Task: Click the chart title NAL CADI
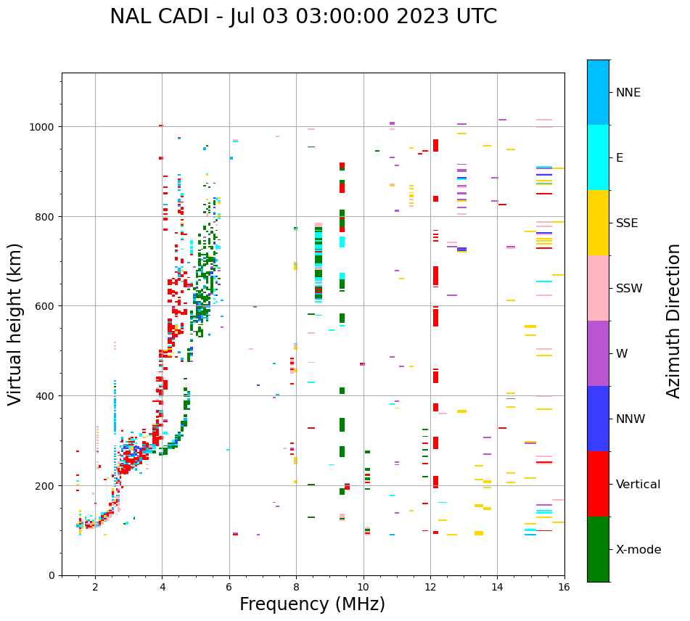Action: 303,17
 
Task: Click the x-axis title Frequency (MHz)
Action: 312,604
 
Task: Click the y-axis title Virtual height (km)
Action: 15,324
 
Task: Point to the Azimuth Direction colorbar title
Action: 673,321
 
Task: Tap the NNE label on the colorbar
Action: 628,92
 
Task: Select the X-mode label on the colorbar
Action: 638,550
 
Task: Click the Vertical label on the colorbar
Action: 638,485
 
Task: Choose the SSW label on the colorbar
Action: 629,288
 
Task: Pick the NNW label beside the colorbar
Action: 631,419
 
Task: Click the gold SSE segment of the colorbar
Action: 598,223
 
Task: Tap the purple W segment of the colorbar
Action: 598,353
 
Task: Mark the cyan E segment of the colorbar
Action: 598,157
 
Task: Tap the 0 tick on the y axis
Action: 52,575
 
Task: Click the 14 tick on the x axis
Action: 497,588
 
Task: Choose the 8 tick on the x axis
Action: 296,588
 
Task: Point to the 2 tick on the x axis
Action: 95,588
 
